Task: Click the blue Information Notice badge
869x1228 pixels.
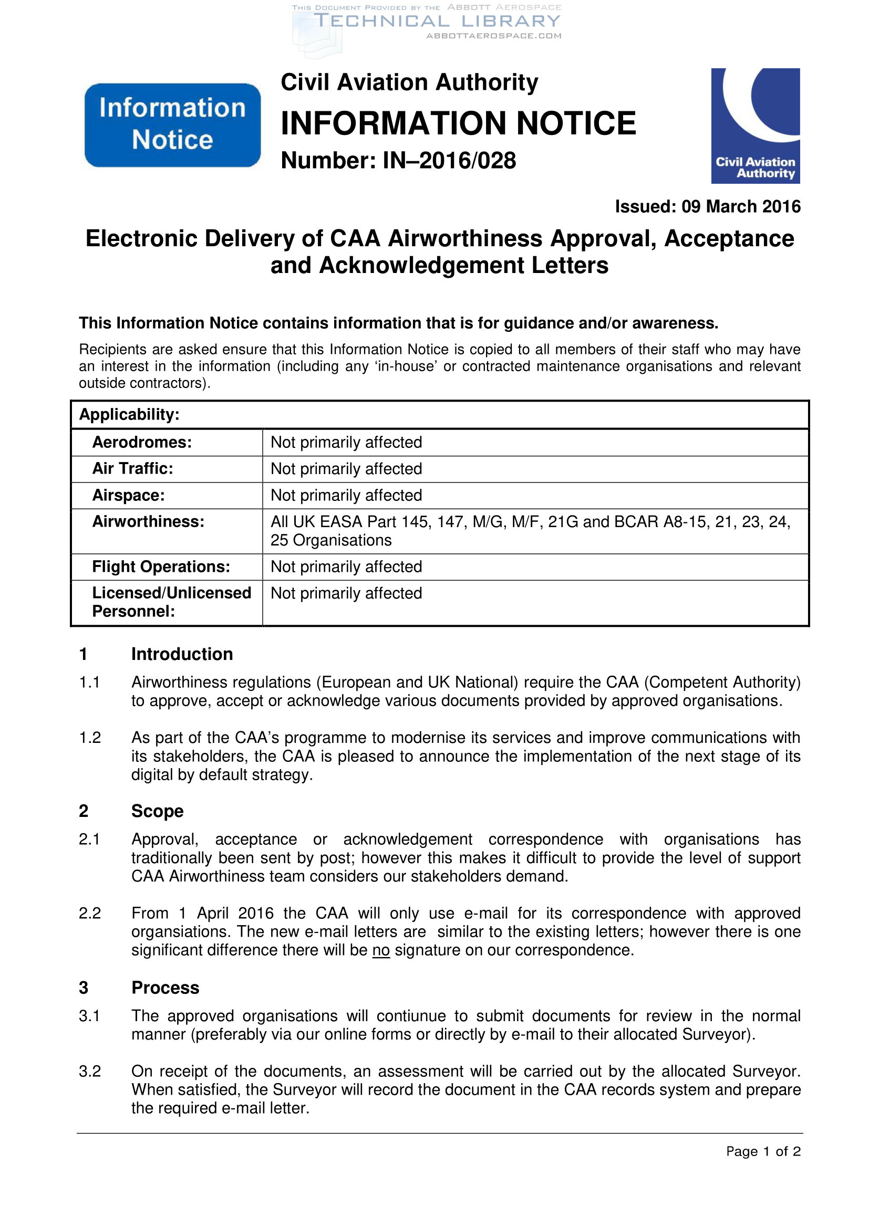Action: (x=172, y=124)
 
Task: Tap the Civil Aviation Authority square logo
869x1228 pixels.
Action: (x=755, y=125)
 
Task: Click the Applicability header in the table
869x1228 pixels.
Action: (x=129, y=415)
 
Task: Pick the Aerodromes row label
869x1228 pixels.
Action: (x=142, y=442)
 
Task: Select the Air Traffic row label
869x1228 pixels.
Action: (x=133, y=468)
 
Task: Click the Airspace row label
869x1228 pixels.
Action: (x=128, y=495)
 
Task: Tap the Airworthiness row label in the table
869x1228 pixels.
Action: (x=148, y=521)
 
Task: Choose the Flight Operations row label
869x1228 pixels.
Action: (x=161, y=566)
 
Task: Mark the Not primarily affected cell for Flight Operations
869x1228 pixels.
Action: (x=346, y=566)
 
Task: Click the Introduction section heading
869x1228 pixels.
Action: (x=182, y=654)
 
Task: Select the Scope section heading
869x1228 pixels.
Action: (x=157, y=811)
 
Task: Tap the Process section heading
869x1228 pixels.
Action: (x=165, y=988)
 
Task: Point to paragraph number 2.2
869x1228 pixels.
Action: (x=90, y=913)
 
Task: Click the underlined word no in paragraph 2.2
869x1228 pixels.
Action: (x=381, y=950)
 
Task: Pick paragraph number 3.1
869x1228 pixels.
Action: (x=90, y=1016)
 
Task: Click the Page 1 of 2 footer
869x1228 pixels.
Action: (x=762, y=1151)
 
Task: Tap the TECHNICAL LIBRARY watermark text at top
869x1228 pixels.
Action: (x=437, y=22)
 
